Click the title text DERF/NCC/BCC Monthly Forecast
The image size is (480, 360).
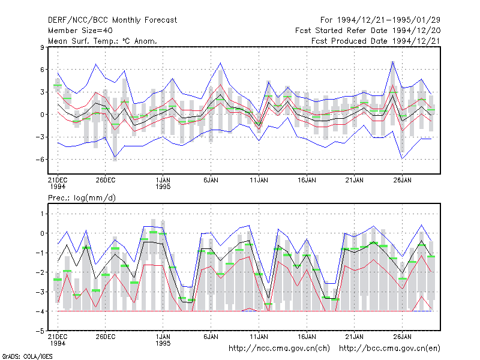pyautogui.click(x=112, y=20)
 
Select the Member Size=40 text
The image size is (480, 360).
pyautogui.click(x=80, y=31)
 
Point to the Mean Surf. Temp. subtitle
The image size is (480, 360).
pyautogui.click(x=102, y=41)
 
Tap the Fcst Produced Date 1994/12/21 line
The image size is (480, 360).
pyautogui.click(x=376, y=41)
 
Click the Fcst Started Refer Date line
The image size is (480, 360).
pyautogui.click(x=368, y=31)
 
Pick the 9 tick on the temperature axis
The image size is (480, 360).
pyautogui.click(x=41, y=47)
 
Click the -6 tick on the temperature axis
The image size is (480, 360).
pyautogui.click(x=40, y=160)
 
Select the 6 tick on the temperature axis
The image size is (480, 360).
pyautogui.click(x=42, y=70)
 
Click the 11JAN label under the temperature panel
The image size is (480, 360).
pyautogui.click(x=259, y=180)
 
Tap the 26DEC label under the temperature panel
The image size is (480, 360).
pyautogui.click(x=106, y=180)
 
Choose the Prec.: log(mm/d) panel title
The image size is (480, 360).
pyautogui.click(x=82, y=198)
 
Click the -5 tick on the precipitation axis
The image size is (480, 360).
pyautogui.click(x=40, y=331)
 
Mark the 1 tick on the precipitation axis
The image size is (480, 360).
pyautogui.click(x=42, y=214)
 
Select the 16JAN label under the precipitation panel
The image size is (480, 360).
pyautogui.click(x=307, y=337)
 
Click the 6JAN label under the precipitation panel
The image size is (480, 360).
pyautogui.click(x=211, y=337)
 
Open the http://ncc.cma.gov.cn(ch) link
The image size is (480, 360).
pyautogui.click(x=279, y=349)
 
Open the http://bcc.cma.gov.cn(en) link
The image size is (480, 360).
pyautogui.click(x=389, y=349)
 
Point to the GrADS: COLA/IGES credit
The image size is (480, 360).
pyautogui.click(x=27, y=356)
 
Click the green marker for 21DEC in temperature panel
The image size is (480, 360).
pyautogui.click(x=58, y=85)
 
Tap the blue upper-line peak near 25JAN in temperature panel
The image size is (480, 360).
pyautogui.click(x=393, y=62)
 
